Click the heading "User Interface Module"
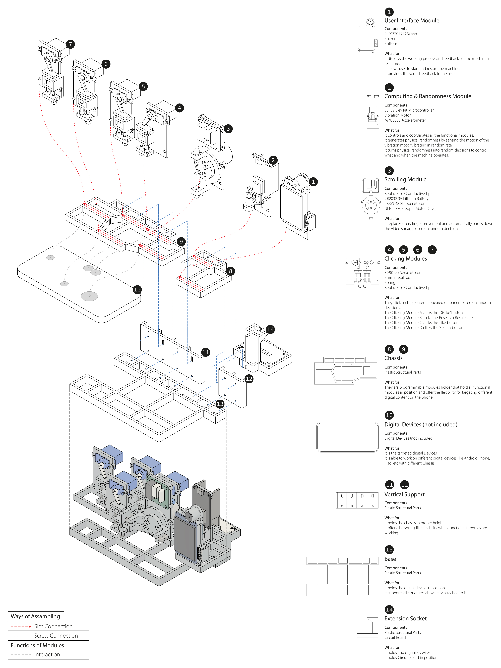[x=412, y=21]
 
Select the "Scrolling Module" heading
[x=405, y=179]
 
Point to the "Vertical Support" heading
[x=404, y=494]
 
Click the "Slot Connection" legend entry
[x=53, y=626]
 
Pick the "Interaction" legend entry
[x=47, y=654]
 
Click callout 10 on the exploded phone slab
[x=137, y=290]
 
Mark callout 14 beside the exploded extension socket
[x=270, y=329]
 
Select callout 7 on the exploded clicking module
[x=70, y=44]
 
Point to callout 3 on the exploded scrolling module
[x=228, y=129]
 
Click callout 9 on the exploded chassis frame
[x=181, y=242]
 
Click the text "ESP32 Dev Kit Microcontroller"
[x=409, y=110]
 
